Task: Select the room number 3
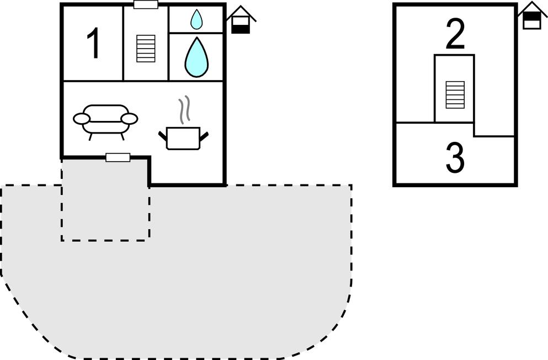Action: pos(455,158)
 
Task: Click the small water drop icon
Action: pos(196,20)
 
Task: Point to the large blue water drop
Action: pos(196,57)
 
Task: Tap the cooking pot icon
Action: pos(183,138)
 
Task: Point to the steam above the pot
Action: pos(185,109)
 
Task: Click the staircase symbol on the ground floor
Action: pos(146,49)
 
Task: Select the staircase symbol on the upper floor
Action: pos(455,94)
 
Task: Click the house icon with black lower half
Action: pos(241,20)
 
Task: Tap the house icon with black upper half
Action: pos(532,17)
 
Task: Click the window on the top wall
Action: pos(146,4)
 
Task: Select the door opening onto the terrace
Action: pos(118,157)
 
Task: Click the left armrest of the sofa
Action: pos(81,119)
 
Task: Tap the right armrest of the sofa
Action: pos(130,119)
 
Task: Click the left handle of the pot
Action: pos(162,135)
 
